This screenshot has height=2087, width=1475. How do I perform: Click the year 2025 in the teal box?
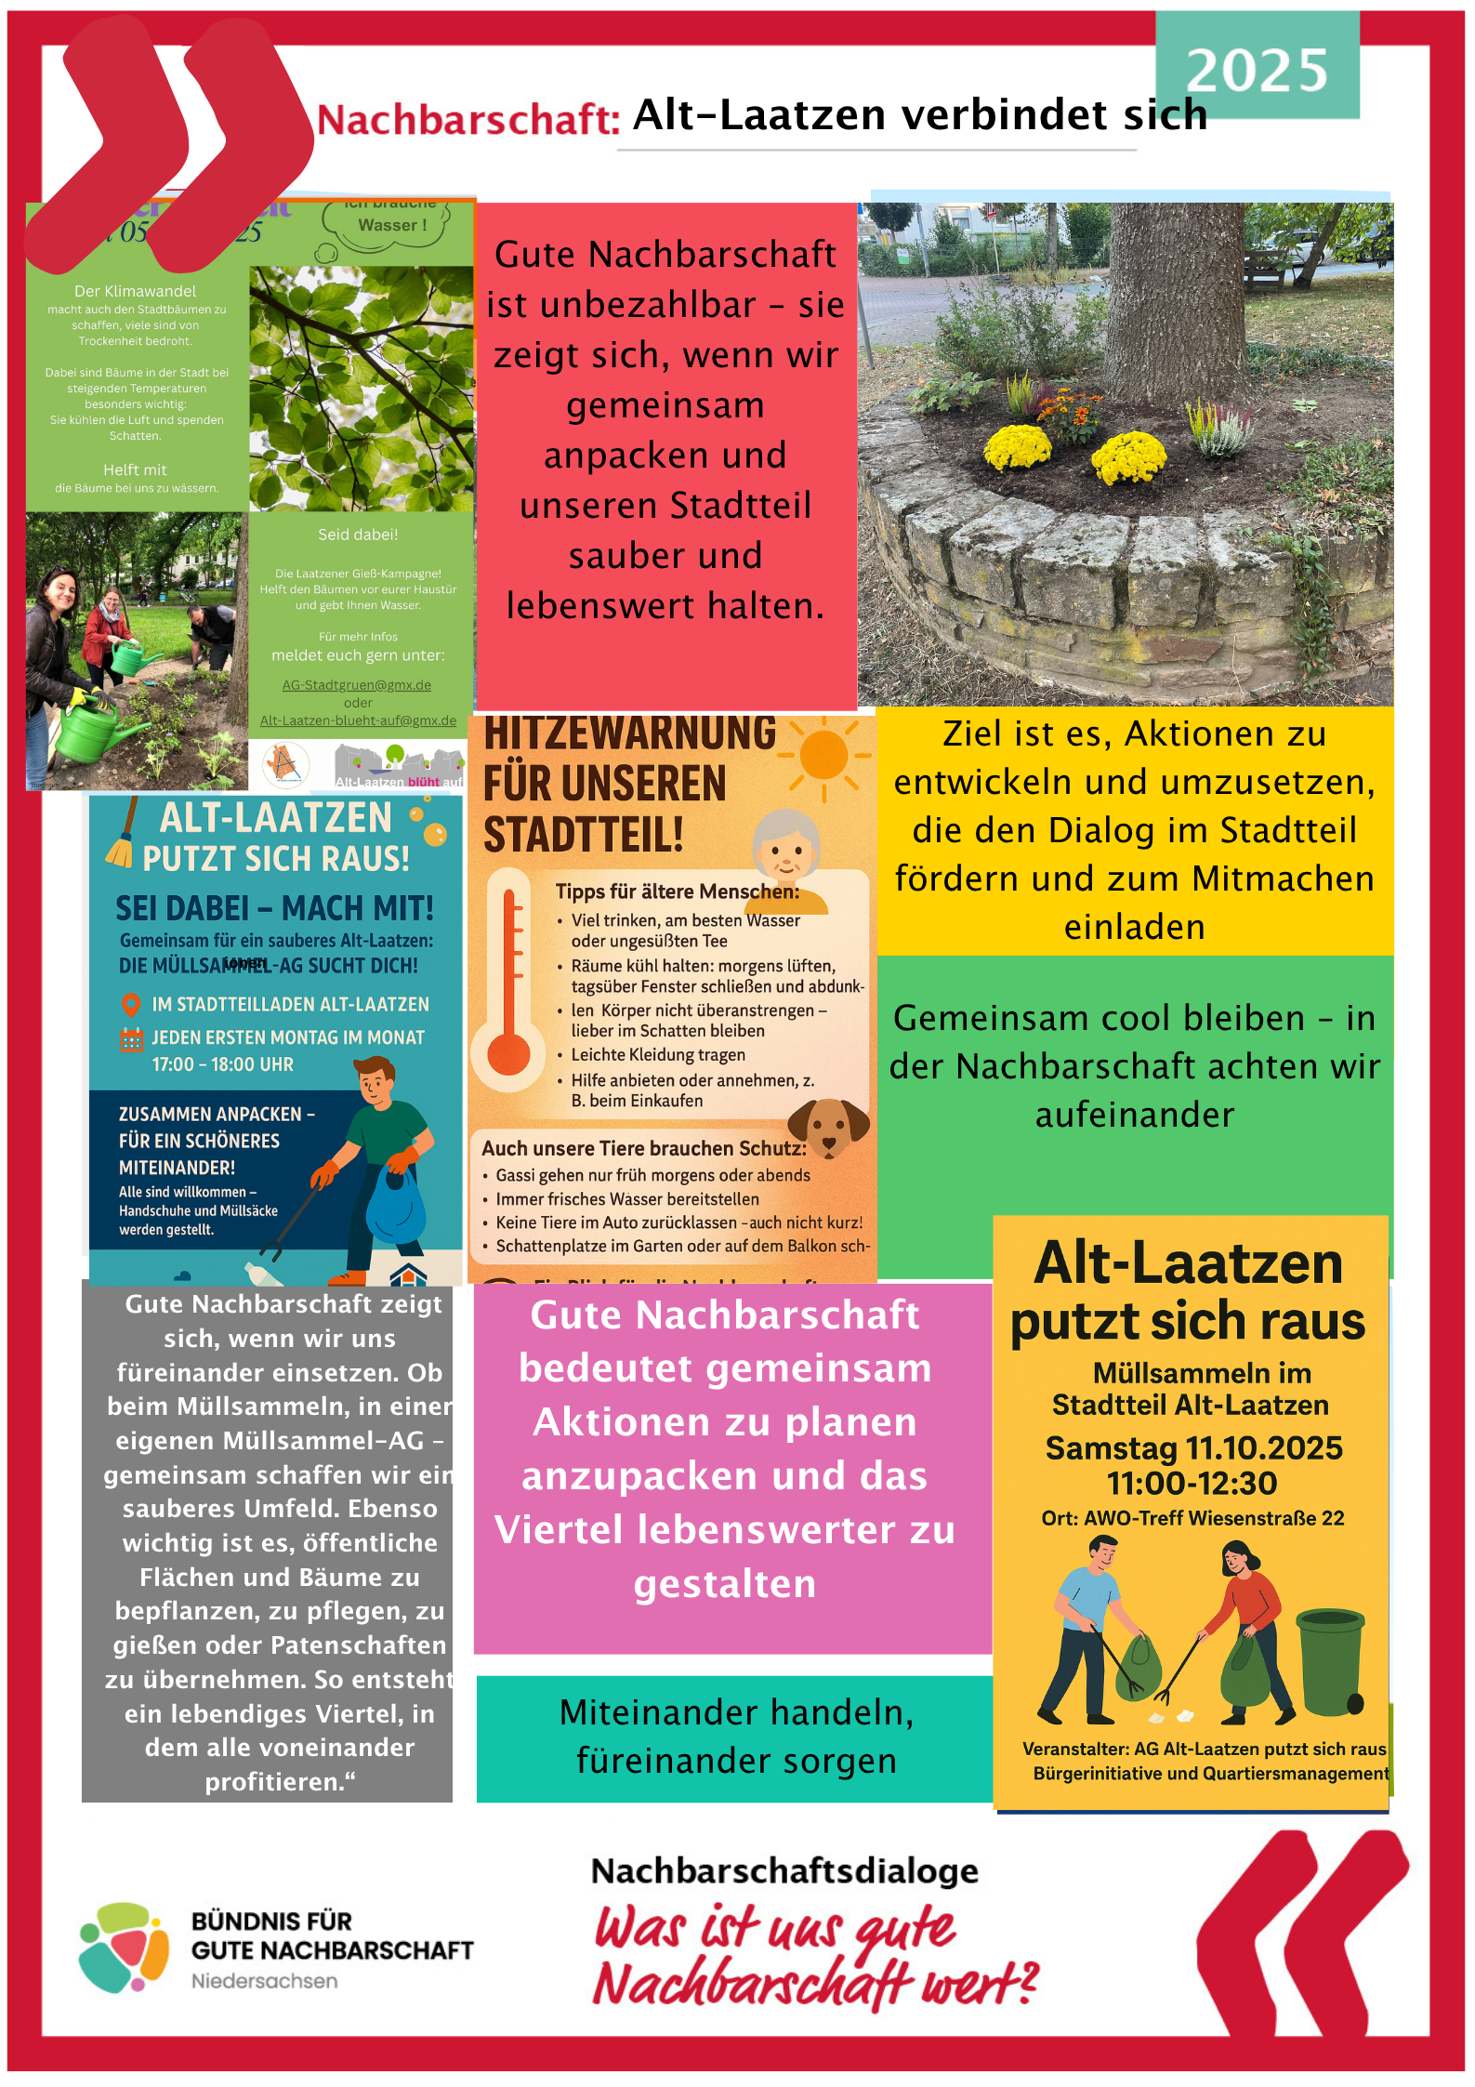click(x=1257, y=71)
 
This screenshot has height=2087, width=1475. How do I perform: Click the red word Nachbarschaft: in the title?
click(x=468, y=120)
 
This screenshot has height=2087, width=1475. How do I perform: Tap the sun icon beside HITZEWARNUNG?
click(x=823, y=755)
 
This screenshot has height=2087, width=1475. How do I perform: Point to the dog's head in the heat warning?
click(x=827, y=1127)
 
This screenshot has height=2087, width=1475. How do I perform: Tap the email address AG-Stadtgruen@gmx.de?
click(x=357, y=685)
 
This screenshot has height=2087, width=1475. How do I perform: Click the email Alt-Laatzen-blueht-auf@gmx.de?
click(x=358, y=720)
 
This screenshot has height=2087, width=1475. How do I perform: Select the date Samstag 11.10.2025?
click(x=1193, y=1447)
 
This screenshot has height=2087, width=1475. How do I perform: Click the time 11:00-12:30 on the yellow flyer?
click(x=1192, y=1483)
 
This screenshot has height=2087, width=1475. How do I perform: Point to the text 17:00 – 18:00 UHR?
click(x=223, y=1064)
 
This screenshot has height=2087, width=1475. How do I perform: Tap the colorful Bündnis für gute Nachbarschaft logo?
click(x=124, y=1948)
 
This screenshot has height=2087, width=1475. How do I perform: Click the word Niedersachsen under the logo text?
click(x=265, y=1981)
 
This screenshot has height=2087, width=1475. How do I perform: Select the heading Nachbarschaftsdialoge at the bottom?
click(x=784, y=1870)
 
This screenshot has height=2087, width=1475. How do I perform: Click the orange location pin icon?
click(x=131, y=1004)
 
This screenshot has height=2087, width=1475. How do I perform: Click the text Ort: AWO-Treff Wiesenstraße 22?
click(x=1192, y=1518)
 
